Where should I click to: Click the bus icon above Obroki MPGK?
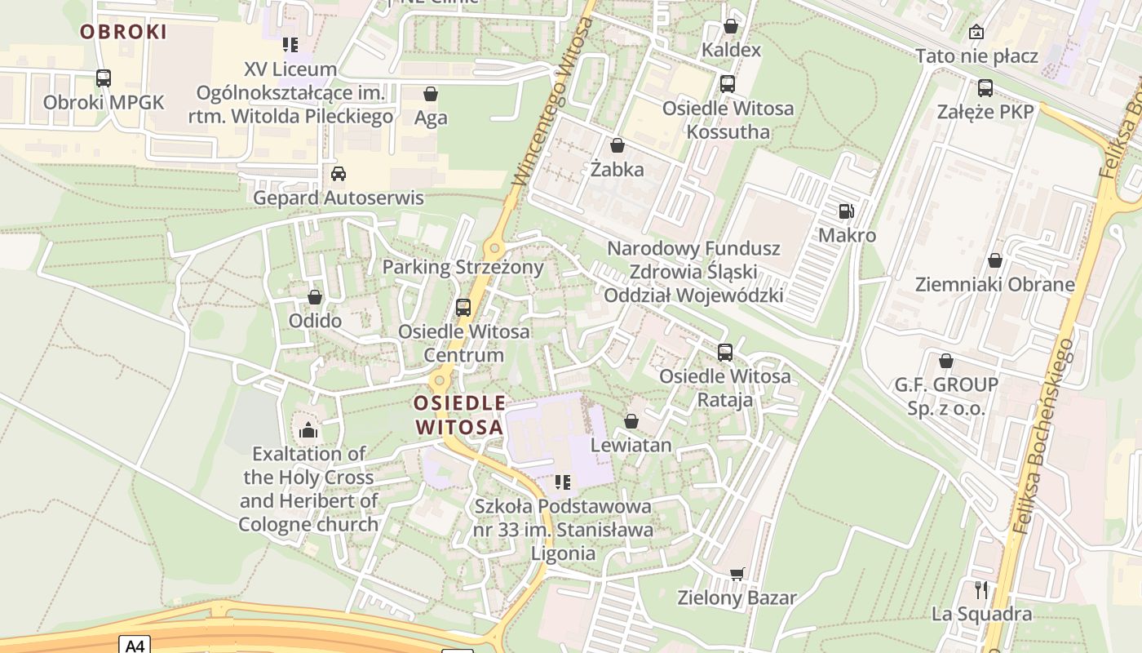[x=104, y=78]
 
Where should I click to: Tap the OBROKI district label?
[x=123, y=32]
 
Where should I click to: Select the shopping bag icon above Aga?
[x=431, y=94]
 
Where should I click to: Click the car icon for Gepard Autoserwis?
[x=338, y=174]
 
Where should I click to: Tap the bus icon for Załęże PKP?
[x=985, y=88]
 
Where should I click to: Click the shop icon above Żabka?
[x=617, y=146]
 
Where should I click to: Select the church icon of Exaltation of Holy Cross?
[x=308, y=429]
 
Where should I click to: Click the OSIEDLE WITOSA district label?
[x=458, y=415]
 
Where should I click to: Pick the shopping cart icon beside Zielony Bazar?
[x=737, y=574]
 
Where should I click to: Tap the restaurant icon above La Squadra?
[x=982, y=589]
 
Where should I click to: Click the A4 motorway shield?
[x=134, y=645]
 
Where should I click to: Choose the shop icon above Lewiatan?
[x=631, y=421]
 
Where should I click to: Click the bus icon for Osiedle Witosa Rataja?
[x=725, y=353]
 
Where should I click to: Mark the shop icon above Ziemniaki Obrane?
[x=994, y=261]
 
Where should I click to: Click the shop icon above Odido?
[x=315, y=298]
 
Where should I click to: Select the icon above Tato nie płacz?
[x=976, y=33]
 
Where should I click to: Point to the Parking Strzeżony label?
[x=463, y=267]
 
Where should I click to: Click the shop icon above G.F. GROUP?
[x=946, y=361]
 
